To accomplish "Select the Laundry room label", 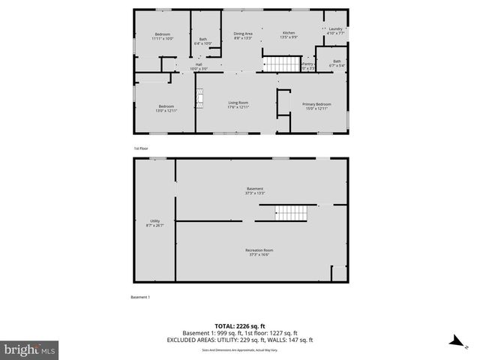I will (336, 31).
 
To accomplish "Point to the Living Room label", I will (238, 104).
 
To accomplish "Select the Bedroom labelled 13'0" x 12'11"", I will (166, 108).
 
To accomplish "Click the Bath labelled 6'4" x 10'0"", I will (203, 41).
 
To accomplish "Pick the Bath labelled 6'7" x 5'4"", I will (337, 63).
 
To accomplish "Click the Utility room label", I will (154, 223).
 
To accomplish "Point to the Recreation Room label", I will (259, 252).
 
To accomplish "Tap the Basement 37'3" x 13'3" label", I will (256, 190).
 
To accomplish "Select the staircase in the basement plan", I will (289, 213).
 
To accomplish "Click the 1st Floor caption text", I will (141, 148).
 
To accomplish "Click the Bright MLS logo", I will (30, 349).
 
